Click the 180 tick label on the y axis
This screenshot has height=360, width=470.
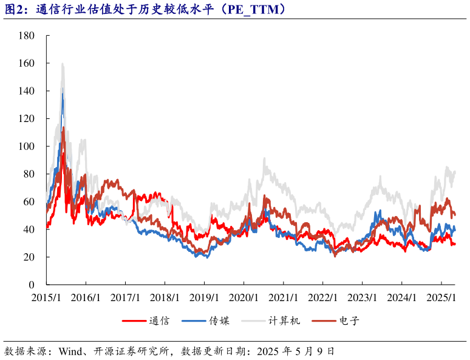click(27, 36)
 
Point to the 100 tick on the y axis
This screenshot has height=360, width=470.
click(27, 146)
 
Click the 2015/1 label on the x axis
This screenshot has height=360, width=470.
click(46, 298)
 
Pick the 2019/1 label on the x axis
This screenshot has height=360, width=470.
click(204, 298)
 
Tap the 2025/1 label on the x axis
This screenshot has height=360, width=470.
click(441, 298)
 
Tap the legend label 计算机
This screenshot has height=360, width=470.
click(284, 321)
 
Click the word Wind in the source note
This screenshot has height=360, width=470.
click(70, 351)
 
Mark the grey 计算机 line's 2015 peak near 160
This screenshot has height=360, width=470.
click(63, 64)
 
